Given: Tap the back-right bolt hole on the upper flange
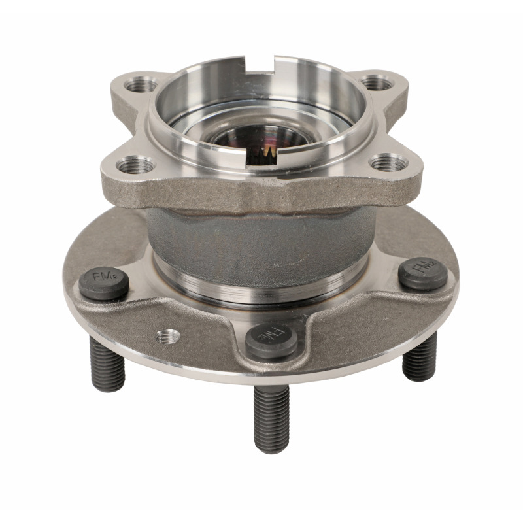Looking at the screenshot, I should (377, 83).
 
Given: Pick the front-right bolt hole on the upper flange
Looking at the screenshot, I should (388, 162).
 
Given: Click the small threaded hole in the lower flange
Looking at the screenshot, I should (168, 336).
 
